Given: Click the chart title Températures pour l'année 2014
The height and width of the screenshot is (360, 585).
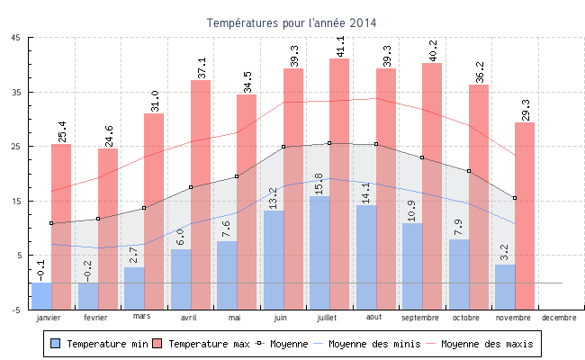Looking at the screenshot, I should (x=292, y=22).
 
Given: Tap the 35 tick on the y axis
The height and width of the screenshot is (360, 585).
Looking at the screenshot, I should (x=18, y=92).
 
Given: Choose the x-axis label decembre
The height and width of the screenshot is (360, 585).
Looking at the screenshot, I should (x=559, y=318).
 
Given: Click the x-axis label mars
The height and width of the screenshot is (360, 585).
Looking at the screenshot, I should (x=142, y=316).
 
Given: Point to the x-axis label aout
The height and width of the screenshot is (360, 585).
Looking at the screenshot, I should (x=375, y=318).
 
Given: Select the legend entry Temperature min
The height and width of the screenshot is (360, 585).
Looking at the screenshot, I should (x=104, y=344).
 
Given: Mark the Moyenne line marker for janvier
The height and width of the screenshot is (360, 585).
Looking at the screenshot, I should (x=51, y=223).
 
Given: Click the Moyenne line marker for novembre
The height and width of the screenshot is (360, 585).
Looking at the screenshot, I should (x=515, y=198).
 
